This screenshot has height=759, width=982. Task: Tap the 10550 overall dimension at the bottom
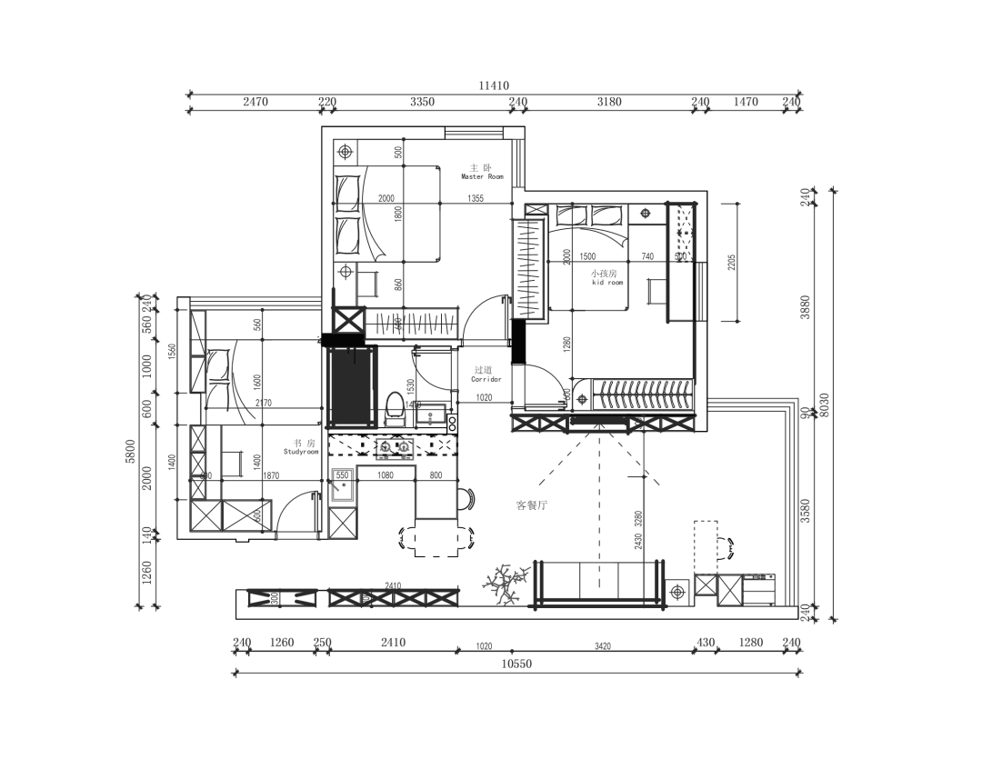coord(517,664)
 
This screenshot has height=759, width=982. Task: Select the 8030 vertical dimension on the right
coord(825,404)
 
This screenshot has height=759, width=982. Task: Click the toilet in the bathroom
coord(395,407)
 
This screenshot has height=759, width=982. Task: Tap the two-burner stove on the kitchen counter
coord(393,446)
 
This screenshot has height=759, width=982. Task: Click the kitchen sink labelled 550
coord(343,485)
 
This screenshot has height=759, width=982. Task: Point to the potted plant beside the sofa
coord(506,584)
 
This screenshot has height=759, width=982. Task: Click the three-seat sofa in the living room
coord(598,582)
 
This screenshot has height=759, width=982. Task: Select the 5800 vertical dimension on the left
coord(130,451)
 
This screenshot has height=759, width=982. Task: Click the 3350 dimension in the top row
coord(422,102)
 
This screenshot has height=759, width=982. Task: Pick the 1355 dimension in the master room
coord(476,199)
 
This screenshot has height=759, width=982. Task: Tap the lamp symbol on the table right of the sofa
coord(676,593)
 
